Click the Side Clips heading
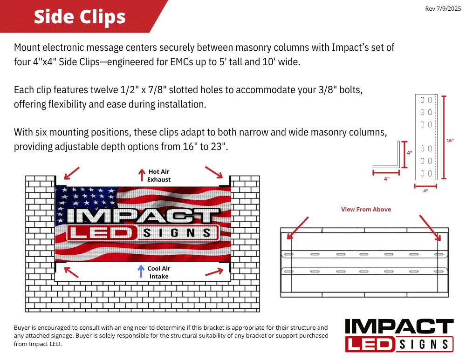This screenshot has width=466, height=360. (x=80, y=17)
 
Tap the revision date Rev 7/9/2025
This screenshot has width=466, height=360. (x=443, y=8)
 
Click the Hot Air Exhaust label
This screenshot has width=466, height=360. (x=159, y=176)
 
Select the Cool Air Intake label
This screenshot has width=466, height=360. (x=159, y=272)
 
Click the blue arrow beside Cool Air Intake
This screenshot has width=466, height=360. (x=141, y=271)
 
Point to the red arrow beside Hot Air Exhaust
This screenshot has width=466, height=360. (x=142, y=175)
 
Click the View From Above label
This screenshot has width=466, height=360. (x=366, y=210)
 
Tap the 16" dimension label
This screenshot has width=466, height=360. (x=450, y=141)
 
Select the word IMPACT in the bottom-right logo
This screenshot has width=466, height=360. (x=399, y=326)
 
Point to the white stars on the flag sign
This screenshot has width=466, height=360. (x=87, y=202)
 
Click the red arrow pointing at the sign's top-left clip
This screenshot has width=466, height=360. (x=72, y=173)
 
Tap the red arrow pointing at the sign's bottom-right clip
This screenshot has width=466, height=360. (x=214, y=272)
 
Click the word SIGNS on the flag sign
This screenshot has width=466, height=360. (x=177, y=233)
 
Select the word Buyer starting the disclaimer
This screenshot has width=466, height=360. (x=22, y=327)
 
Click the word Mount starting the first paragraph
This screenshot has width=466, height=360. (x=27, y=48)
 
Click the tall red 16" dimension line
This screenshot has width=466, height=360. (x=444, y=137)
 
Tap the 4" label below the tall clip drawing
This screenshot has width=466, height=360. (x=425, y=191)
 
